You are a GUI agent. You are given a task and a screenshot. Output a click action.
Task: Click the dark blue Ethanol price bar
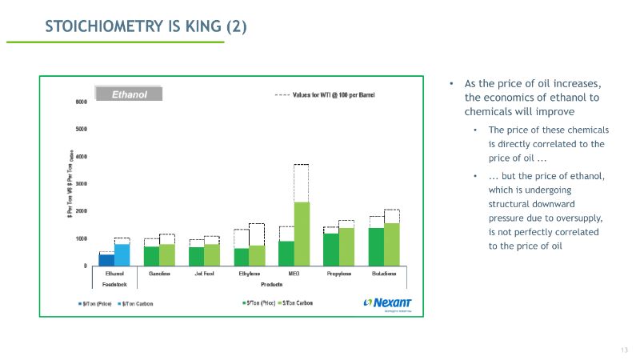107,259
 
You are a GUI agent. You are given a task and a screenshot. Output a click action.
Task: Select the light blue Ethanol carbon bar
122,254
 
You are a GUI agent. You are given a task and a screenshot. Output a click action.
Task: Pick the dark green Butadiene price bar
376,246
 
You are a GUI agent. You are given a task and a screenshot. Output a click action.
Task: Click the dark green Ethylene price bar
241,257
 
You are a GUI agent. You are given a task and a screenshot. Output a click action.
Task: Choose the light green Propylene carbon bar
346,246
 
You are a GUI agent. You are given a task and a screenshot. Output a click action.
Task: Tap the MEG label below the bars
293,274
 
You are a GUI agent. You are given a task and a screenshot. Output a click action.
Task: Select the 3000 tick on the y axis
81,183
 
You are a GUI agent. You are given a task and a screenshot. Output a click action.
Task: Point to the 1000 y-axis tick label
81,238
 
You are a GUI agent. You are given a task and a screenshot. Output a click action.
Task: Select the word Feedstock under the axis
114,284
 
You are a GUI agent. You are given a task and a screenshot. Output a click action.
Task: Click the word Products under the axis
271,284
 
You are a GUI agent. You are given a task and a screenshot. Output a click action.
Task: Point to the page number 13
623,350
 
